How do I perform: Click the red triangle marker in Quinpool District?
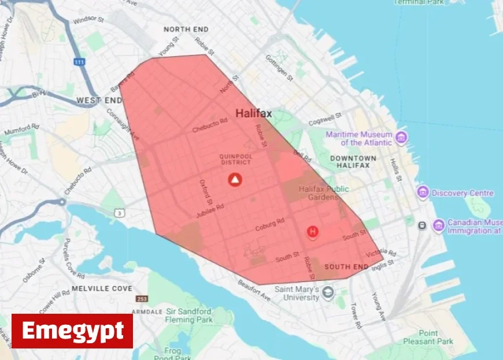235,179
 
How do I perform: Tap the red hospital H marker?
313,232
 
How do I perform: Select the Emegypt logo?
72,331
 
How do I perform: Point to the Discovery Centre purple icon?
423,192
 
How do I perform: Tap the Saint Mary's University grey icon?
328,292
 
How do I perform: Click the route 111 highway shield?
79,61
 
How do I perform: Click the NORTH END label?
185,29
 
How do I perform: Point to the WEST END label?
99,101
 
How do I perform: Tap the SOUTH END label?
346,267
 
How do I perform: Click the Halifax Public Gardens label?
324,193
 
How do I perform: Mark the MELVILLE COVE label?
102,288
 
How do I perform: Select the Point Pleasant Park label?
437,337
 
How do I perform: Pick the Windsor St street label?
89,20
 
